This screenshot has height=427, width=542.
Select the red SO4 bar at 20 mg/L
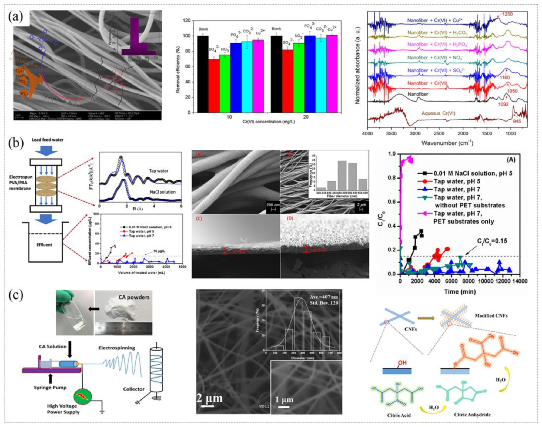click(287, 81)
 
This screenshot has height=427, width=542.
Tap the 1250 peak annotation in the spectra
click(507, 14)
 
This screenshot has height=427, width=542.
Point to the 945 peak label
click(517, 121)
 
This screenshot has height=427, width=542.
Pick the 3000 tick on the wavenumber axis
click(415, 133)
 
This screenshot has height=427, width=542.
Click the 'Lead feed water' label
click(48, 140)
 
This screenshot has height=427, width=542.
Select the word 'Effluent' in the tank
click(44, 245)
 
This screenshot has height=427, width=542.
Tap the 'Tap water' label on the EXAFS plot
click(158, 171)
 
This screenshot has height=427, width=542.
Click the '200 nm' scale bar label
click(273, 205)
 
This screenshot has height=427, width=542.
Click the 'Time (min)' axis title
click(460, 292)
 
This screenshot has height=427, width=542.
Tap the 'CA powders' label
click(134, 297)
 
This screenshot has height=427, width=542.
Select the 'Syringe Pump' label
click(50, 388)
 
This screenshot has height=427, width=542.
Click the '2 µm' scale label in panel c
click(209, 398)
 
